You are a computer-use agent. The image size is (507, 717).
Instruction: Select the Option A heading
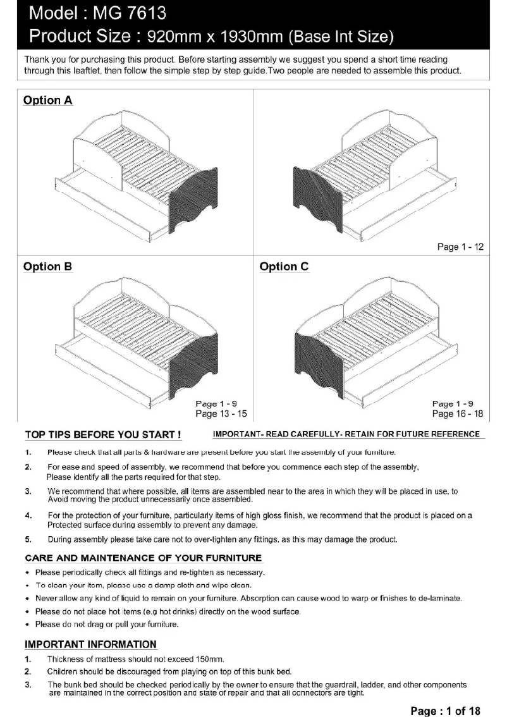(x=47, y=101)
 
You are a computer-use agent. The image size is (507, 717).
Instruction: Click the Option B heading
(x=47, y=266)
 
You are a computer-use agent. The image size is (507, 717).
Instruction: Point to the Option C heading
(x=284, y=266)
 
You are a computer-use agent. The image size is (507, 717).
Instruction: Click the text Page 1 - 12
(x=460, y=247)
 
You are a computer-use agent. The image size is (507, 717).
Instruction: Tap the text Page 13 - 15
(x=221, y=414)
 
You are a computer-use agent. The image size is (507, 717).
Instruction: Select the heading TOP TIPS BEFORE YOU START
(x=104, y=434)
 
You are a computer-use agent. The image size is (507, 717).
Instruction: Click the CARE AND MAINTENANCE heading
(x=143, y=558)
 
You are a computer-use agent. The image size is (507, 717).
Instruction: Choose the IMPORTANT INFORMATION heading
(x=90, y=644)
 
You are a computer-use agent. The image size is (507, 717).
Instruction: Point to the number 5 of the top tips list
(x=28, y=540)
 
